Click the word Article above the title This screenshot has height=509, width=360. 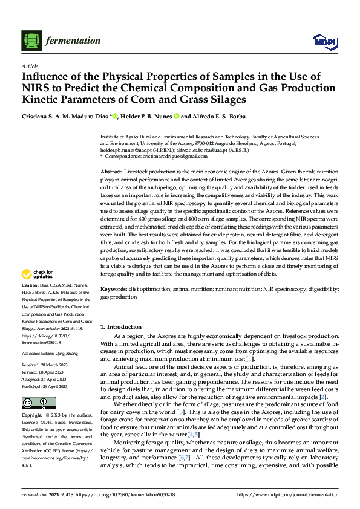point(29,66)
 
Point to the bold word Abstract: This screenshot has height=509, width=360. point(113,172)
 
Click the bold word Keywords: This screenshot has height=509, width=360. point(114,290)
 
